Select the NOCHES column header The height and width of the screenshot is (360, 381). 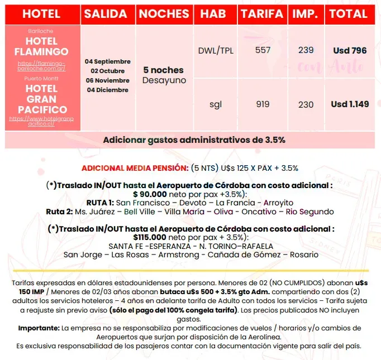coord(164,14)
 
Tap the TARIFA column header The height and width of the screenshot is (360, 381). coord(262,14)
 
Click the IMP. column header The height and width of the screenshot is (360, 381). coord(306,14)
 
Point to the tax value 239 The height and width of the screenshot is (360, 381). coord(306,50)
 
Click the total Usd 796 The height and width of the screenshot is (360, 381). coord(350,51)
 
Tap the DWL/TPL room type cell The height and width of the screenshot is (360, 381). coord(216,50)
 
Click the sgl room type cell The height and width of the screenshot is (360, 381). coord(216,104)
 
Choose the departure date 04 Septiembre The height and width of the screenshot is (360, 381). coord(107,61)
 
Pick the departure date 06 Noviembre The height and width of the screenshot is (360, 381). coord(107,80)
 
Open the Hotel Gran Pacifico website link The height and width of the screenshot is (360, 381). coord(42,122)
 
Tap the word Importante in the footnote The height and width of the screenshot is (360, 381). coord(39,328)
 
